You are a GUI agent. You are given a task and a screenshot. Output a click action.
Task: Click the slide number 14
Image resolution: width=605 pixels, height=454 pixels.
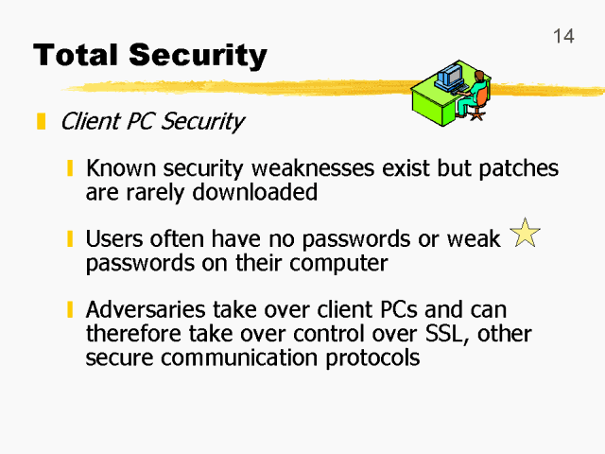click(x=563, y=37)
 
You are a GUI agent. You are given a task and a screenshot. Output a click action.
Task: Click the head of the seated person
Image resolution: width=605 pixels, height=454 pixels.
click(x=479, y=75)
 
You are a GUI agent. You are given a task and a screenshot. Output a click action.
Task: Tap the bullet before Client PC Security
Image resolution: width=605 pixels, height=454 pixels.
click(x=41, y=122)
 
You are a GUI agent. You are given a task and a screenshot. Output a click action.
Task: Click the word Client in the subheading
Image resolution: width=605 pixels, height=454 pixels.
click(x=88, y=122)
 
